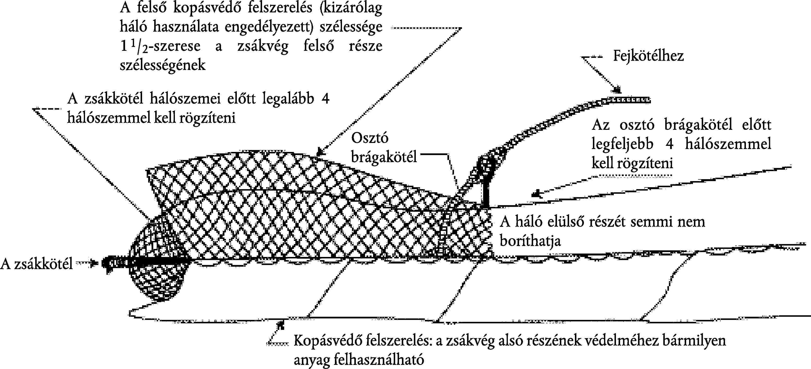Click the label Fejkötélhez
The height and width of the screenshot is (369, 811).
click(648, 56)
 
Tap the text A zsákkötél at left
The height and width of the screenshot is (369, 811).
click(36, 264)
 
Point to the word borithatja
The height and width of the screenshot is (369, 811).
click(530, 241)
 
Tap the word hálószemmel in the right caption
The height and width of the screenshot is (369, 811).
click(728, 144)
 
